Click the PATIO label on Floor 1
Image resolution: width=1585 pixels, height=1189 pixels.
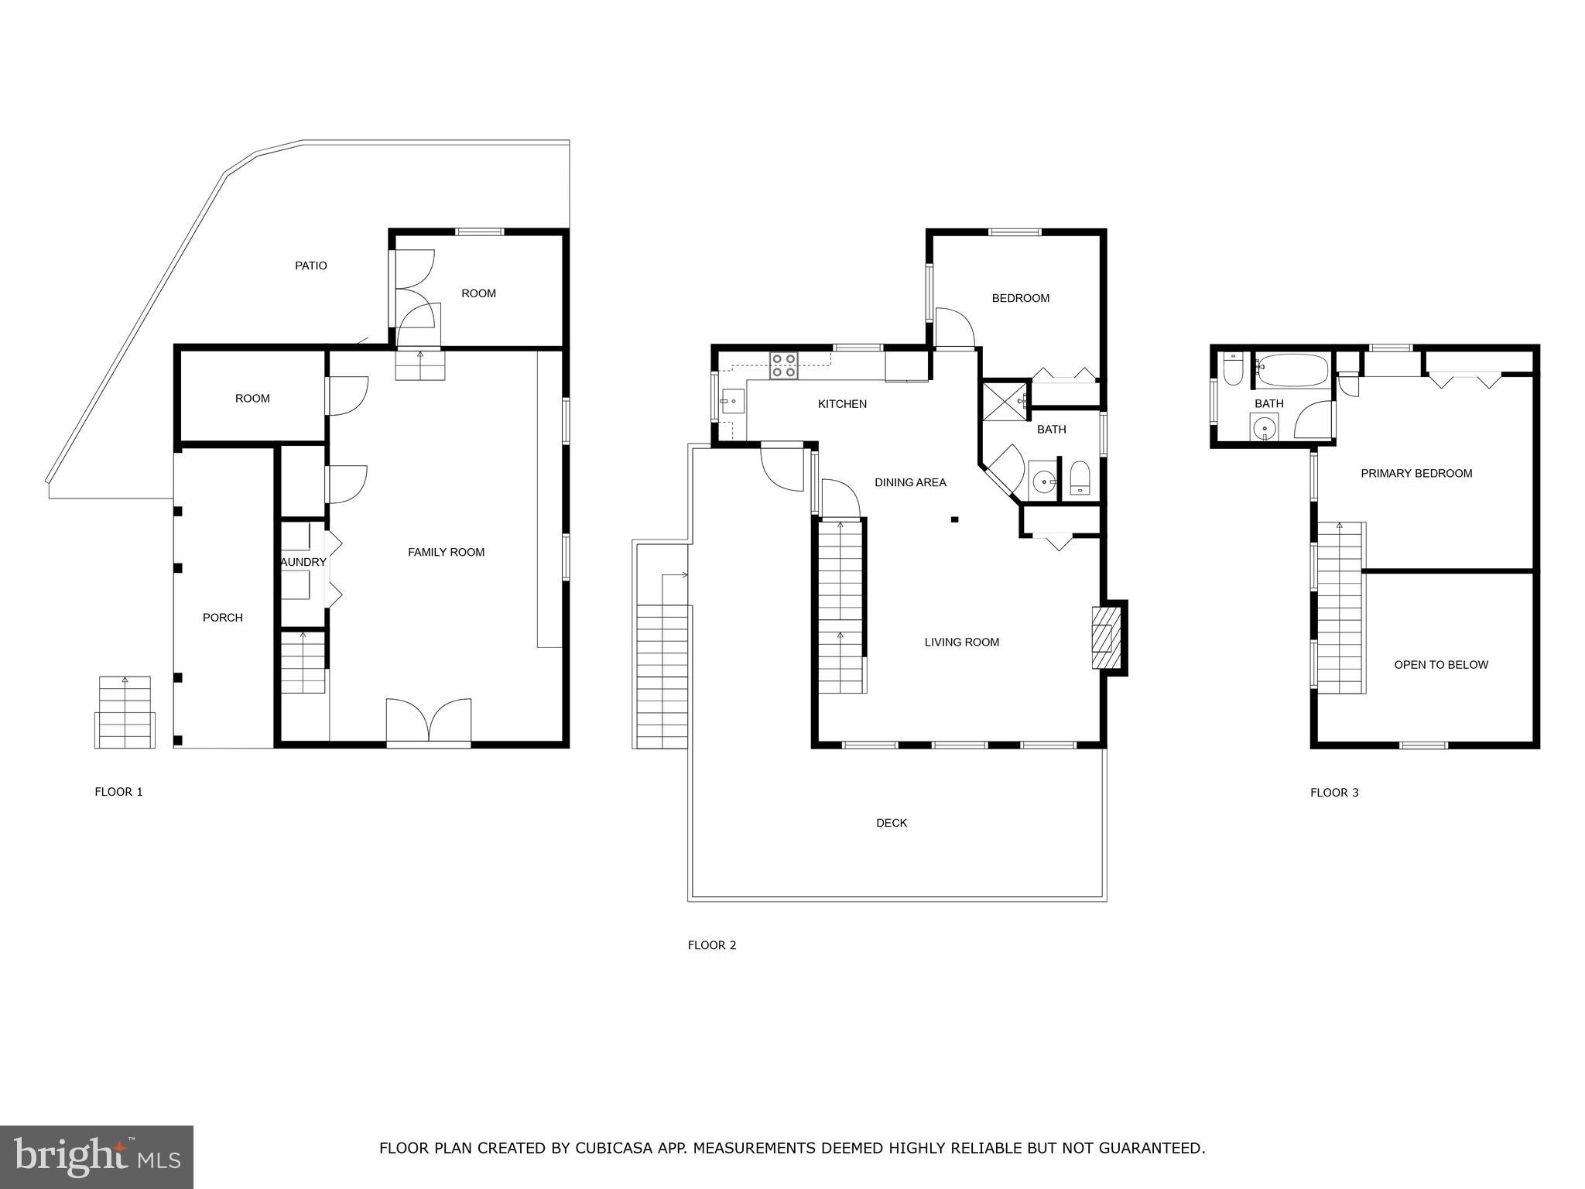click(310, 266)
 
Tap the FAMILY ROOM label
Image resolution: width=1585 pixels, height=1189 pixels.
click(446, 552)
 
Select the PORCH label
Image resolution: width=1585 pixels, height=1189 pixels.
click(223, 618)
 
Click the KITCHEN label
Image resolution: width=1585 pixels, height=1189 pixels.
click(842, 404)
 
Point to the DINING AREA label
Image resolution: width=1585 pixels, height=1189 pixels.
click(910, 482)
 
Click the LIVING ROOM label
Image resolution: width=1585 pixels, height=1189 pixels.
click(962, 642)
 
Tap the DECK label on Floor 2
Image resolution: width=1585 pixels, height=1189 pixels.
click(892, 823)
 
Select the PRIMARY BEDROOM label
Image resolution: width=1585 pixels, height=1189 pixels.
click(1416, 474)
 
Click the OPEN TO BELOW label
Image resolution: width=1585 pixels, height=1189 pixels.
click(1441, 665)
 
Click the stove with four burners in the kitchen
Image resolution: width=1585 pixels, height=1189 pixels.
click(784, 365)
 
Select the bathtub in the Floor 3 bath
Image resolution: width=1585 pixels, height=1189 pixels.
click(1291, 371)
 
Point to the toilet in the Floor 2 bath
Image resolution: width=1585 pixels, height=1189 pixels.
click(1080, 478)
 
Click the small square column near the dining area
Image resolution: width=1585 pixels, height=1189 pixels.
click(955, 519)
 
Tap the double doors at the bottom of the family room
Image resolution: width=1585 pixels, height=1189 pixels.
click(429, 721)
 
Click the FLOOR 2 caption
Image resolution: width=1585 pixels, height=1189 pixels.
click(712, 945)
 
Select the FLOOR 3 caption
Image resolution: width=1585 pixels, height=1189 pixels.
click(1334, 793)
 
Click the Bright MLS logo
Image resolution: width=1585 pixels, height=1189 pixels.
click(97, 1156)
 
